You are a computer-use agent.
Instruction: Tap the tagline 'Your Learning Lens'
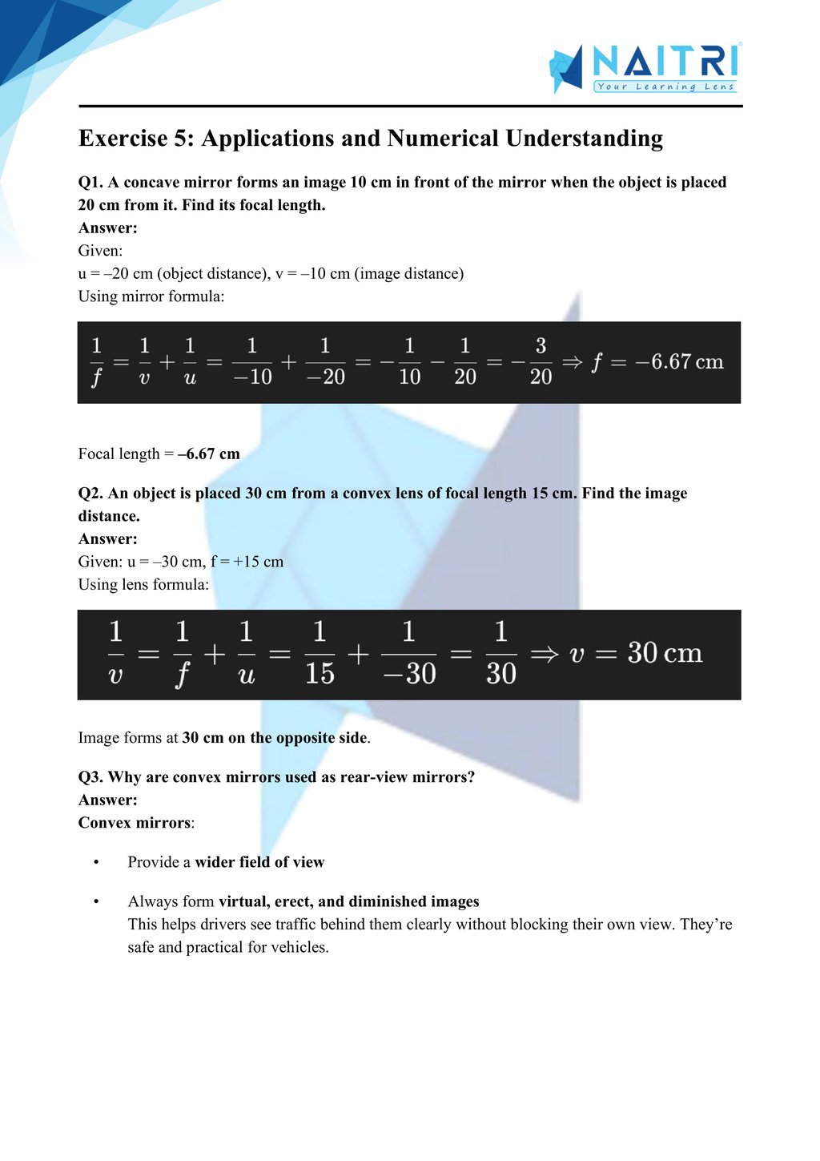pos(665,87)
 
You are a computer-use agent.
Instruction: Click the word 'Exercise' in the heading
pos(123,139)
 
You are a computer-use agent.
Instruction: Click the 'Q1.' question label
pos(90,182)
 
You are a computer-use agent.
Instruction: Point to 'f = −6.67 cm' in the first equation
pos(657,362)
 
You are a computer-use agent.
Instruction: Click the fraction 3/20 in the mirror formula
pos(541,361)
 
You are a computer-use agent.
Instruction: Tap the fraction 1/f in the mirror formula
pos(96,361)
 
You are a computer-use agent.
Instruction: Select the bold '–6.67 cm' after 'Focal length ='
pos(209,454)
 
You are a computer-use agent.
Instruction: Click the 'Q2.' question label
pos(90,493)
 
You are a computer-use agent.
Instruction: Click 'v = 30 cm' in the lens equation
pos(636,654)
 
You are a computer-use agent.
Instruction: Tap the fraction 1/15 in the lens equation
pos(320,654)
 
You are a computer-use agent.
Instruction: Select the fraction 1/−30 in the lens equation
pos(408,654)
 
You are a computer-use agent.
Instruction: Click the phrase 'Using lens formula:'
pos(143,584)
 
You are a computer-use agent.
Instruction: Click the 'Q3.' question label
pos(90,776)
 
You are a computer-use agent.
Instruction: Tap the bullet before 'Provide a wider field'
pos(96,862)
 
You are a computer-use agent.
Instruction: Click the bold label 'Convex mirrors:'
pos(136,822)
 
